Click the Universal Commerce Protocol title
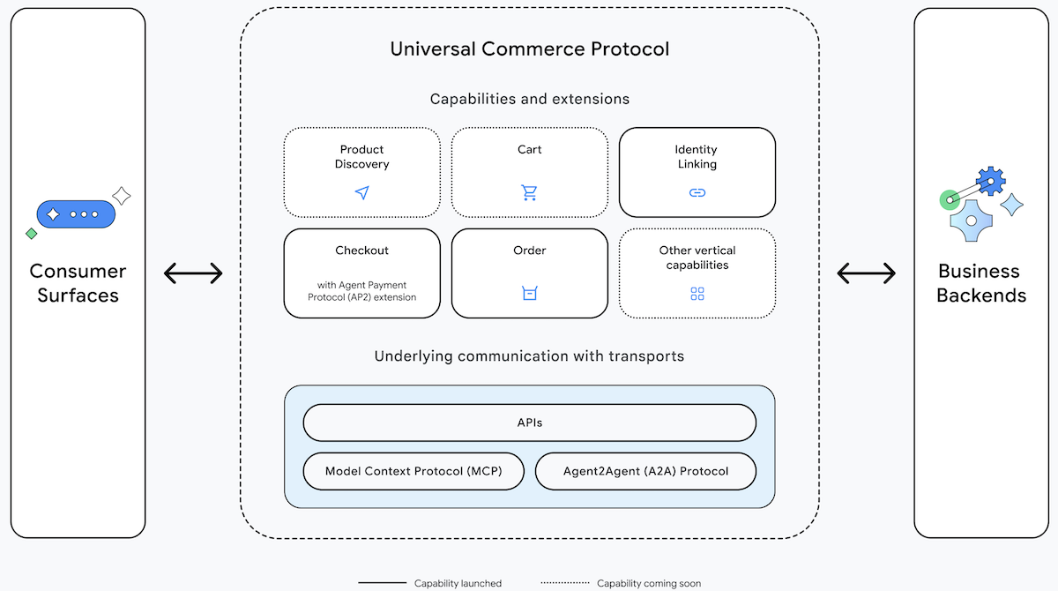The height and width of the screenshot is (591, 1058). pyautogui.click(x=529, y=49)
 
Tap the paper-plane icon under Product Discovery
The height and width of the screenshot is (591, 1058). pyautogui.click(x=361, y=192)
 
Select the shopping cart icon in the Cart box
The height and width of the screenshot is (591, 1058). pyautogui.click(x=529, y=192)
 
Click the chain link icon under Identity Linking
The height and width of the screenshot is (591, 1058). pyautogui.click(x=697, y=192)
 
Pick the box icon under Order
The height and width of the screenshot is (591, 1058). pyautogui.click(x=529, y=294)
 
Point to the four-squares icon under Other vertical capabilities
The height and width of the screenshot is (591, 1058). pyautogui.click(x=697, y=294)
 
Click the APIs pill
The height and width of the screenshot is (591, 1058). pyautogui.click(x=529, y=423)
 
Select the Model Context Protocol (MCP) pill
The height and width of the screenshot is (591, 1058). pyautogui.click(x=414, y=471)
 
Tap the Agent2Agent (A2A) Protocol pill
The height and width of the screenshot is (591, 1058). pyautogui.click(x=645, y=471)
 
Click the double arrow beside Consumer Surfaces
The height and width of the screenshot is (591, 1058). pyautogui.click(x=193, y=273)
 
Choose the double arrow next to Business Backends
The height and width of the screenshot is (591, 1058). pyautogui.click(x=866, y=273)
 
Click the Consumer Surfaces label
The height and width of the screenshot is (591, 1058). pyautogui.click(x=78, y=283)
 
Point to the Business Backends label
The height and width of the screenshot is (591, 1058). pyautogui.click(x=980, y=283)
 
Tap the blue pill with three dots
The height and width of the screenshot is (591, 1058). pyautogui.click(x=76, y=214)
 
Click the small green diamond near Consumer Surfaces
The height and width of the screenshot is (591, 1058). pyautogui.click(x=31, y=234)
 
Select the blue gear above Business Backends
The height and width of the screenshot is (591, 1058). pyautogui.click(x=990, y=182)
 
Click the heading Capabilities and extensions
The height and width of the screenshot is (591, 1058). pyautogui.click(x=529, y=99)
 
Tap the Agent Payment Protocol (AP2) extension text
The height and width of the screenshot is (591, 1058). pyautogui.click(x=361, y=291)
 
